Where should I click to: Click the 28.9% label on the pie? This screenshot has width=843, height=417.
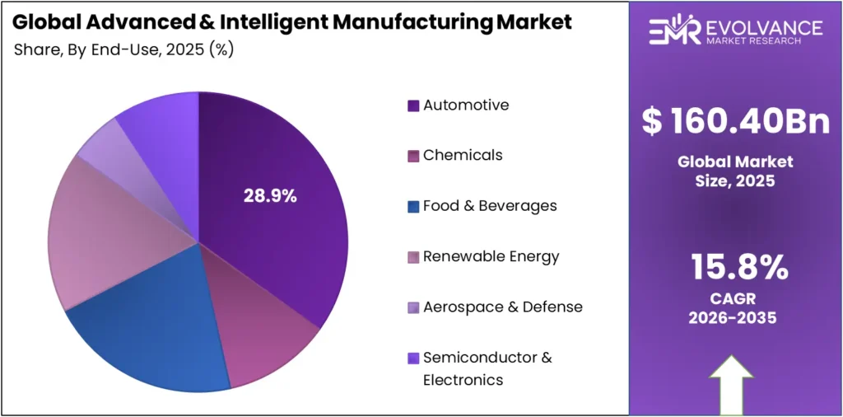point(270,196)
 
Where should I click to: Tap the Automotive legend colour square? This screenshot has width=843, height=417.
point(413,105)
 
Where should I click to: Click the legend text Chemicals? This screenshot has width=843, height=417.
point(463,155)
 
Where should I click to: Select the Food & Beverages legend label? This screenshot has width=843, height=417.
point(490,205)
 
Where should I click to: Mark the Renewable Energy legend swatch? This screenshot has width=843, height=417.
point(413,257)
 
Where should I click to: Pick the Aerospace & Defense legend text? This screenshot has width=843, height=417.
point(502,307)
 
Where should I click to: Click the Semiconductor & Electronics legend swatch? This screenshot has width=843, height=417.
point(413,358)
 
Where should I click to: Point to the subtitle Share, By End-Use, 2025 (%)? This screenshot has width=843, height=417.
point(124,49)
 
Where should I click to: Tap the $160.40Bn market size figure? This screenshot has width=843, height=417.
point(735,121)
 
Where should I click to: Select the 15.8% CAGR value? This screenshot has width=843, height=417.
point(735,268)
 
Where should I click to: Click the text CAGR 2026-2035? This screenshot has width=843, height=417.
point(733,307)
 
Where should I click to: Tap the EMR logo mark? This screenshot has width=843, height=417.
point(673,30)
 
